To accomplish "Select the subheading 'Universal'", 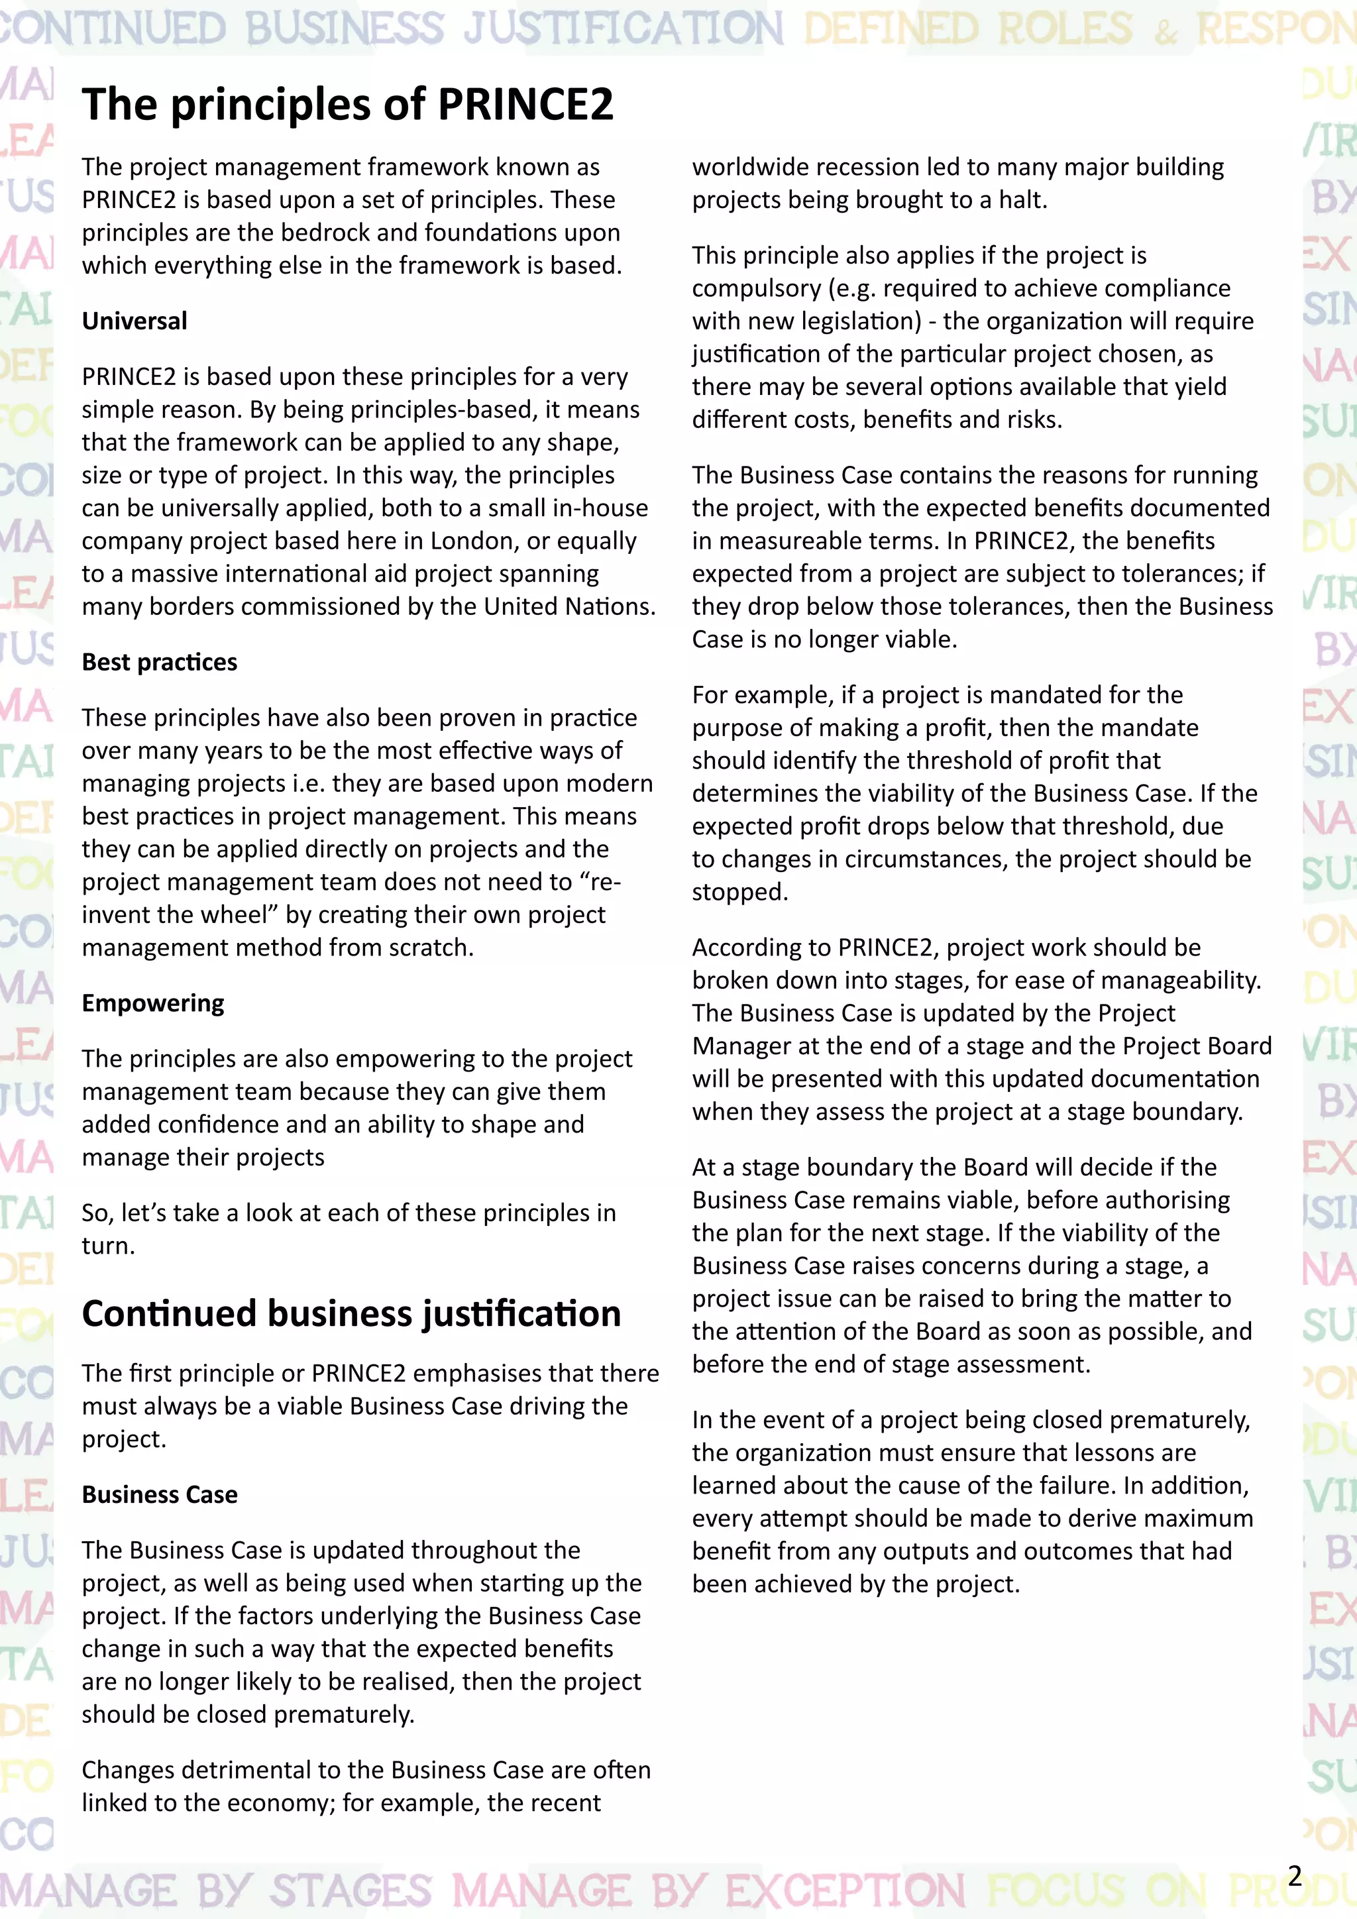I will point(134,321).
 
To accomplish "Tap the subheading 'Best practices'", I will point(159,662).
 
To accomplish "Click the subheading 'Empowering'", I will point(153,1003).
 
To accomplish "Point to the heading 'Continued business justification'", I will point(351,1314).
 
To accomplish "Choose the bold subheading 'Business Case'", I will point(159,1494).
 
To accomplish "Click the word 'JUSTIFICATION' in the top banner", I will point(624,28).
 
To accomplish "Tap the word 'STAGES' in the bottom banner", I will point(351,1891).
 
